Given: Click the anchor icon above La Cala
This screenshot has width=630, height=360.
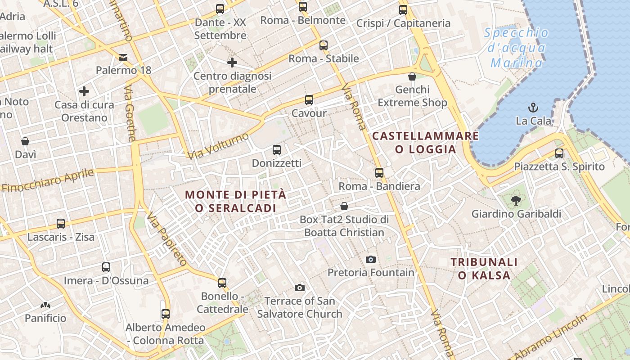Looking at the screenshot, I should click(x=533, y=108).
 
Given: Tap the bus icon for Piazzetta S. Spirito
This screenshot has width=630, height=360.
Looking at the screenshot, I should click(x=559, y=153).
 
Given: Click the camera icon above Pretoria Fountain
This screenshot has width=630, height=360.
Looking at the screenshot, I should click(x=371, y=259).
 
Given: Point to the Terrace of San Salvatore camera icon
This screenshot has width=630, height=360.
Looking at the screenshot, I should click(x=300, y=288).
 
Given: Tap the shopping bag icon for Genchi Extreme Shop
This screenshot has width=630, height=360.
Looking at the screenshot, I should click(x=412, y=76).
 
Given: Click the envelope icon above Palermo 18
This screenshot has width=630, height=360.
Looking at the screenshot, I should click(x=123, y=57).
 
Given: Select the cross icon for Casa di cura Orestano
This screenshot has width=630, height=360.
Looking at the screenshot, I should click(x=84, y=92).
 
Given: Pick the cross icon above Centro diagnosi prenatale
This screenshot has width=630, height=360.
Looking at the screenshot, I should click(x=232, y=63).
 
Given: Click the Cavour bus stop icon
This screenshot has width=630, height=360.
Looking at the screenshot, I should click(x=309, y=100).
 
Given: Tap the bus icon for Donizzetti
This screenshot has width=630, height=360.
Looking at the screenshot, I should click(x=277, y=150).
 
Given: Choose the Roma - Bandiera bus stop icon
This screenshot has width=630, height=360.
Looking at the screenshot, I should click(x=379, y=173).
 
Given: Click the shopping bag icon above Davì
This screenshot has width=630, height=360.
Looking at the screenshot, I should click(x=26, y=141).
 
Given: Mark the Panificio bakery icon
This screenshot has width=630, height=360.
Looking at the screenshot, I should click(x=45, y=305).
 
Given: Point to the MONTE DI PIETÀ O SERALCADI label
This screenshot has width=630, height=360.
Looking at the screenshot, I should click(x=236, y=201).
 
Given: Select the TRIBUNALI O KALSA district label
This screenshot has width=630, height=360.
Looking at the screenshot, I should click(x=484, y=269).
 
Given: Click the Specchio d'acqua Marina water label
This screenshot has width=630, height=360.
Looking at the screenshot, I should click(x=517, y=47).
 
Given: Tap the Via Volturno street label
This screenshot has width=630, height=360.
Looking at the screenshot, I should click(x=218, y=146).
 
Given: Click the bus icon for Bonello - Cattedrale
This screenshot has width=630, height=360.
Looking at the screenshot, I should click(x=222, y=283).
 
